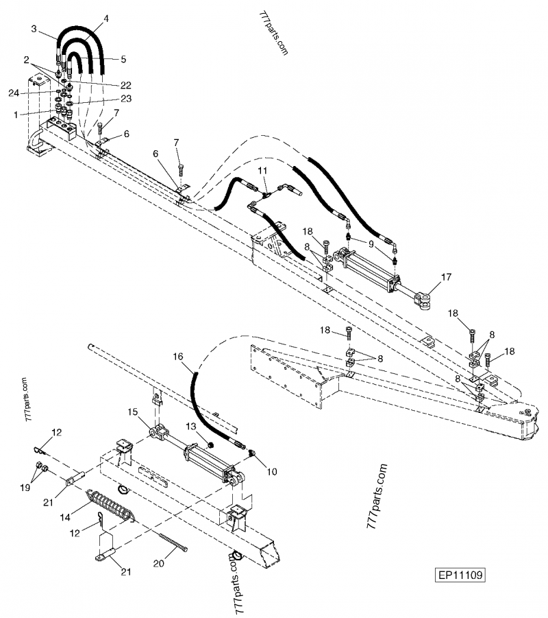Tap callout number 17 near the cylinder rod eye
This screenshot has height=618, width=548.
[447, 277]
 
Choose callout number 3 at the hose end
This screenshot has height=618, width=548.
[34, 28]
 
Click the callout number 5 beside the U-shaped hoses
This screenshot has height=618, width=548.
[123, 60]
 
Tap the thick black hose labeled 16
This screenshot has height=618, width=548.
[206, 412]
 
